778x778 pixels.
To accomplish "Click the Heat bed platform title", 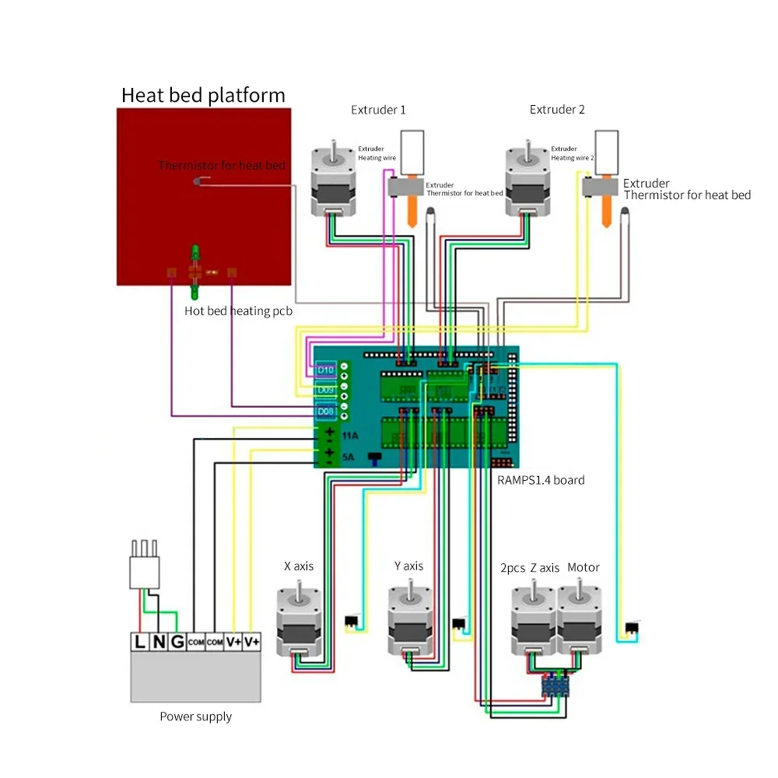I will (x=203, y=96).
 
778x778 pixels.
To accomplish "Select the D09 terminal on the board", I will (x=325, y=389).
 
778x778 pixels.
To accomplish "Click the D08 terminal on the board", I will (x=325, y=411).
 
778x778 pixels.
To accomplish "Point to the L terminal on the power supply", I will (x=140, y=643).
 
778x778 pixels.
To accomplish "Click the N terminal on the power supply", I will (x=159, y=643).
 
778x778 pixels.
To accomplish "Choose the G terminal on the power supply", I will (x=177, y=643).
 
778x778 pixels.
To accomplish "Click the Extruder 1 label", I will (x=378, y=110).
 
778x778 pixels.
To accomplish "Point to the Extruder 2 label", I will (x=557, y=110).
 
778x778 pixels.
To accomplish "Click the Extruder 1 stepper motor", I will (x=335, y=183).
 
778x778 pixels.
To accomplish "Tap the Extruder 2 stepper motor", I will (x=530, y=183).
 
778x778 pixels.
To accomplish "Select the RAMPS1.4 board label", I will (x=541, y=480).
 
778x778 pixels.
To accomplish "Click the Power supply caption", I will (x=195, y=717).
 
